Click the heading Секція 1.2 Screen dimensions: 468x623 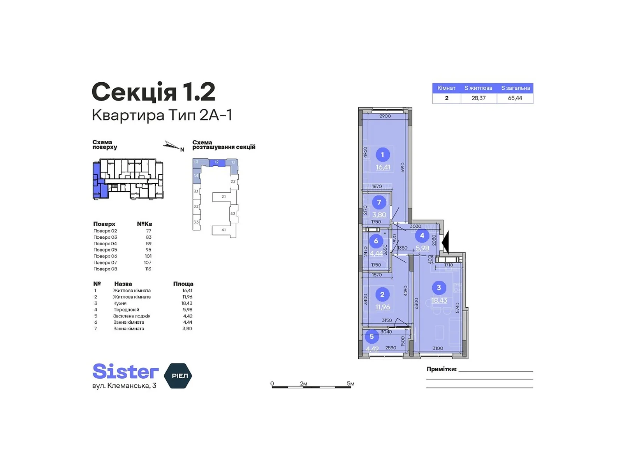coord(153,92)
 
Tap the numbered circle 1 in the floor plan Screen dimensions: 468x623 coord(382,155)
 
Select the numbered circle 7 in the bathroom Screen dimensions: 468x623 coord(379,202)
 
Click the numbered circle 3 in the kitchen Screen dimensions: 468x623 coord(439,288)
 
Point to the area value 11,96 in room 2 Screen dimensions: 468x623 coord(382,307)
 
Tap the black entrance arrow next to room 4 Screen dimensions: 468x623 coord(445,242)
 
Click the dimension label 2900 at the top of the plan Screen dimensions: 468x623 coord(385,116)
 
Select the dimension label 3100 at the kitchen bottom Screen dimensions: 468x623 coord(437,348)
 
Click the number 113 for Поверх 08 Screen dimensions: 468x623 coord(148,269)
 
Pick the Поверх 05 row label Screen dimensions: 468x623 coord(105,250)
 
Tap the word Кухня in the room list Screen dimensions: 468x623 coord(120,303)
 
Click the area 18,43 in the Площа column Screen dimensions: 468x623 coord(187,303)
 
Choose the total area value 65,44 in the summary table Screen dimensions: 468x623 coord(515,98)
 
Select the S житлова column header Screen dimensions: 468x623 coord(478,88)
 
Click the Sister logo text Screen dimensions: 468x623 coord(125,371)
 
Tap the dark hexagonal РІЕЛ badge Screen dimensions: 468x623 coord(179,376)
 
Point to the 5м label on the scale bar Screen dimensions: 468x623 coord(350,384)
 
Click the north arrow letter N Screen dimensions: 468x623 coord(182,150)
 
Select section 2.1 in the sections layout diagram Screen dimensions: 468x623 coord(224,197)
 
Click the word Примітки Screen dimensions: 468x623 coord(442,369)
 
